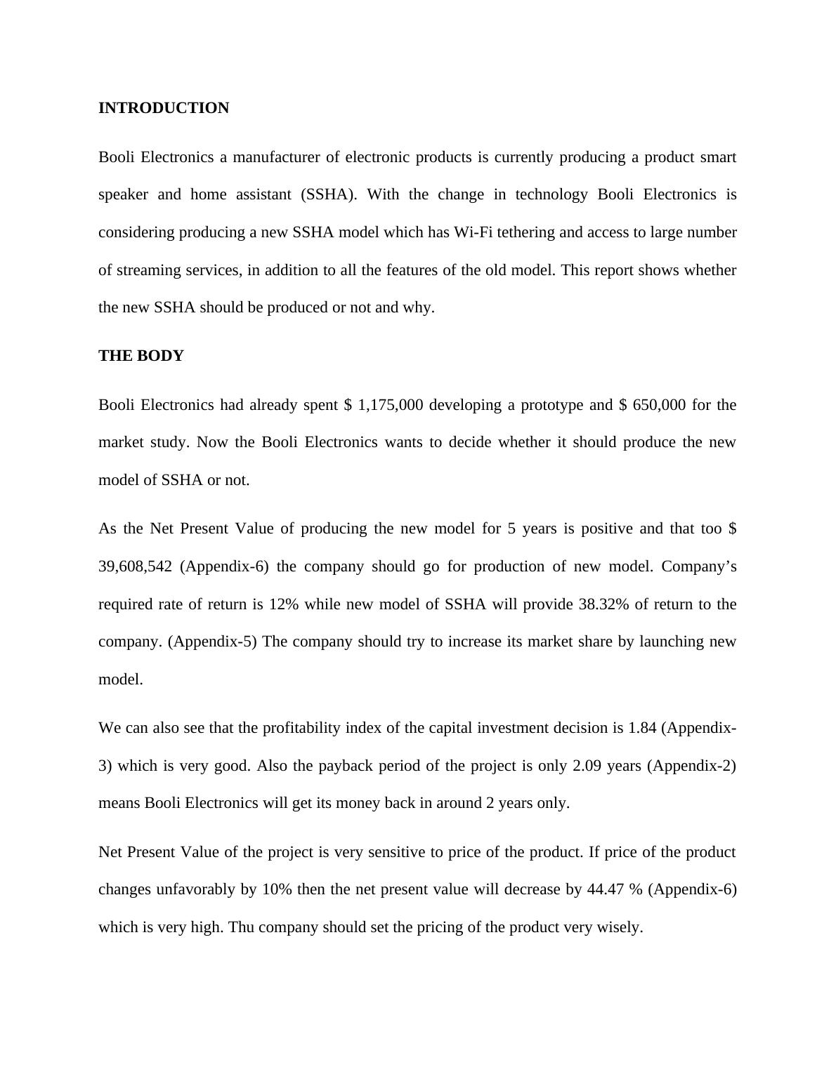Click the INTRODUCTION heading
pyautogui.click(x=164, y=108)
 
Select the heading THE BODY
pyautogui.click(x=141, y=356)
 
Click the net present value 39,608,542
pyautogui.click(x=135, y=566)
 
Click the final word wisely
pyautogui.click(x=619, y=927)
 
